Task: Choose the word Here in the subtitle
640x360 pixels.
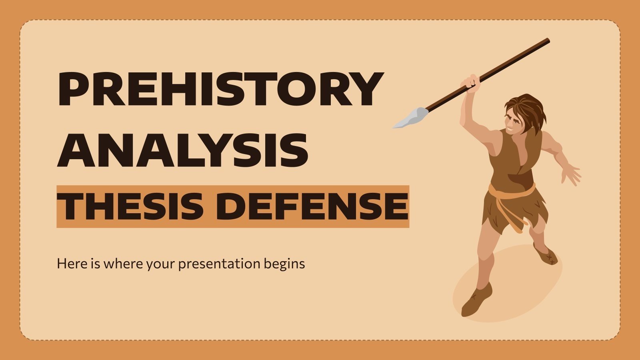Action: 69,264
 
